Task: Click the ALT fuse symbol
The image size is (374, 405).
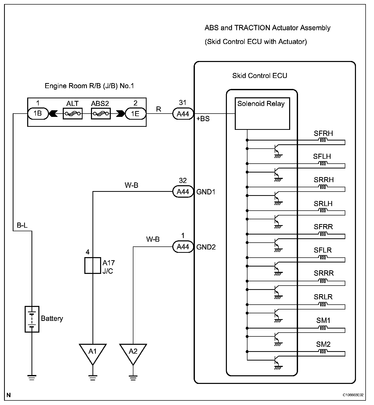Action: pos(73,114)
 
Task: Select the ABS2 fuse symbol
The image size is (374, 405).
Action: pos(101,114)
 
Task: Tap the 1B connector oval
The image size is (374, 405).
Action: pos(38,114)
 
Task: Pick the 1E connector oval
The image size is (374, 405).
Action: pos(135,114)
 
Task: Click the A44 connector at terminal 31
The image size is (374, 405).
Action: pos(183,114)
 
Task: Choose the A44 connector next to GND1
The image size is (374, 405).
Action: pos(183,192)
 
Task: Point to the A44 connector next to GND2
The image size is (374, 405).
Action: pos(183,247)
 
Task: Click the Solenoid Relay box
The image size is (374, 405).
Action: pos(262,114)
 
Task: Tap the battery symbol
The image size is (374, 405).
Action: pos(32,319)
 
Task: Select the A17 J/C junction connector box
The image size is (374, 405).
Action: pos(93,266)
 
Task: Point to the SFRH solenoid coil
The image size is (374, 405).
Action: pos(323,140)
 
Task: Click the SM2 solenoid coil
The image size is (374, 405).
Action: pos(323,351)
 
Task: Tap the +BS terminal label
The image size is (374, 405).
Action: pos(203,119)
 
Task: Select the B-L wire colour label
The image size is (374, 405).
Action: pos(22,225)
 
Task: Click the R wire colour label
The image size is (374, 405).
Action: pos(159,109)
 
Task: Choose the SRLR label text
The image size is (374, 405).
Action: pos(323,297)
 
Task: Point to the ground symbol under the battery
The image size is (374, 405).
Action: pos(32,377)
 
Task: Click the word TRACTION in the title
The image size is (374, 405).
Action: pos(252,28)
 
